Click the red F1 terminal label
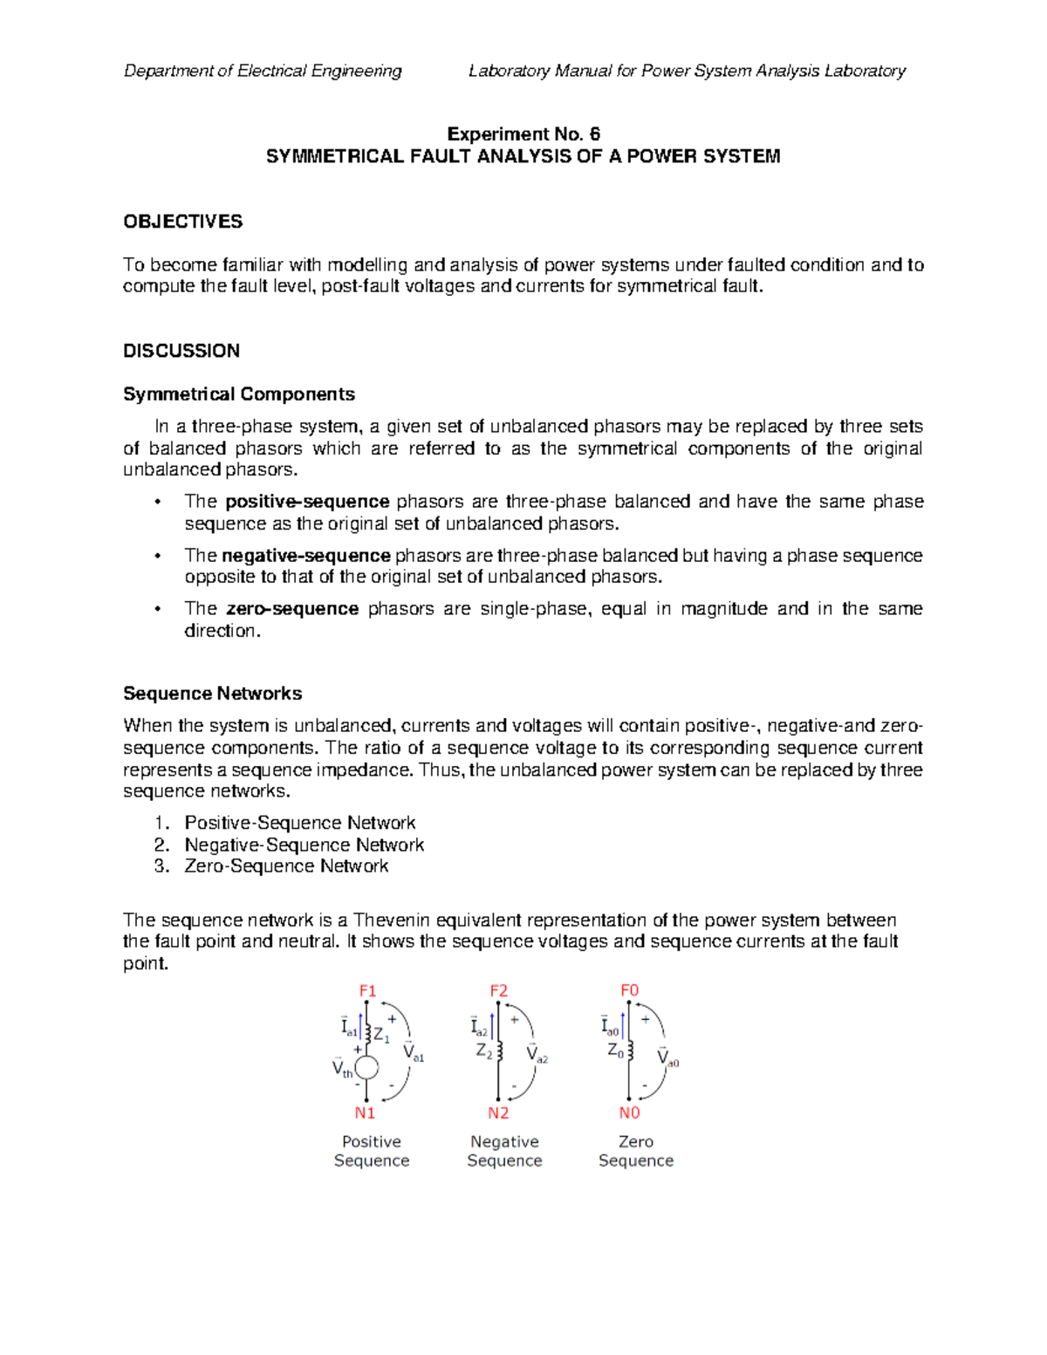(367, 990)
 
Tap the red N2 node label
(498, 1112)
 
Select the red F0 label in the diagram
(629, 990)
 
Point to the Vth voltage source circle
(367, 1068)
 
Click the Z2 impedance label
(484, 1051)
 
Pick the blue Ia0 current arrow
(623, 1024)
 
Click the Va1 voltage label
(413, 1053)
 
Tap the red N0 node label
(629, 1112)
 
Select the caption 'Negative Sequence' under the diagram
(504, 1151)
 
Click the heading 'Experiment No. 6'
(523, 133)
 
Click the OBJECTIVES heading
(182, 222)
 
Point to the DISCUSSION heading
(181, 351)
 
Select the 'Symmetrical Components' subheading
(239, 394)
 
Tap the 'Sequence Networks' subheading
(212, 694)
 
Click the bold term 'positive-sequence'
(307, 502)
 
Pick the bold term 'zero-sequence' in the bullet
(292, 609)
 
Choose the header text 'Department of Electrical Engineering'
(263, 71)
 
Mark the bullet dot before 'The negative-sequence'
(158, 557)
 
